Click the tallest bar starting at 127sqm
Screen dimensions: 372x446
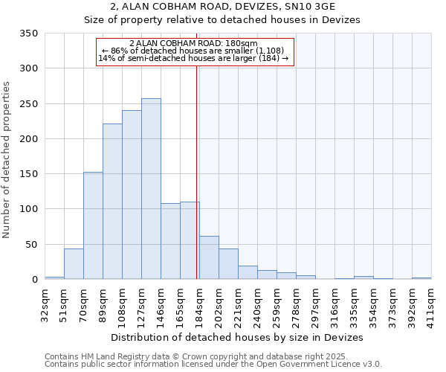coord(151,189)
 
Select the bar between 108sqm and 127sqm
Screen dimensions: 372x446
coord(132,195)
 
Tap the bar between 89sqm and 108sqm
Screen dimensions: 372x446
coord(112,202)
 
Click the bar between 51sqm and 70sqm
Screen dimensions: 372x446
coord(74,264)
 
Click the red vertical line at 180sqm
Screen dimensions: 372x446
coord(196,164)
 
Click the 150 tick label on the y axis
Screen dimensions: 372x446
coord(30,174)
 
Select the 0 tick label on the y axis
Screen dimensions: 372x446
coord(34,280)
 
